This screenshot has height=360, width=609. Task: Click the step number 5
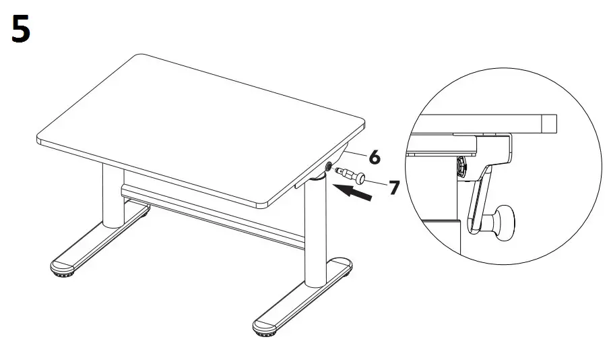tap(21, 30)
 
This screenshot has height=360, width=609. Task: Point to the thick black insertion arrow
tap(355, 193)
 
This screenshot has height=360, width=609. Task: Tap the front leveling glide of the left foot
tap(63, 270)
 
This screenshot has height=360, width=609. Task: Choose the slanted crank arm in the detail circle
tap(478, 199)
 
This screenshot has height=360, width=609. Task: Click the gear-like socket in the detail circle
tap(463, 165)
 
